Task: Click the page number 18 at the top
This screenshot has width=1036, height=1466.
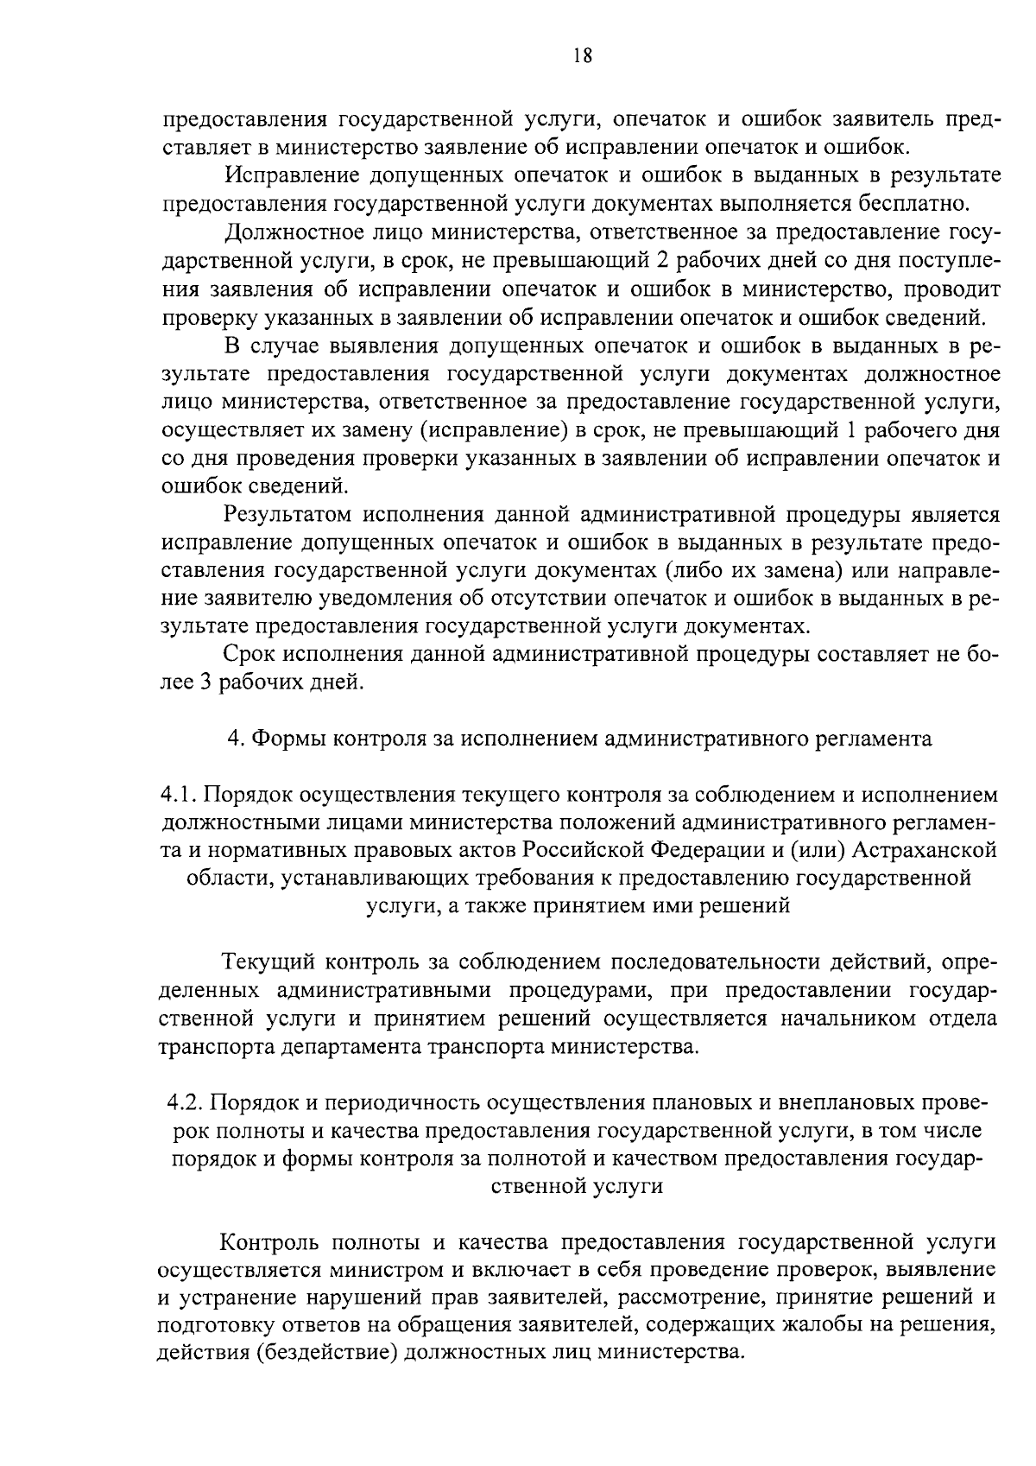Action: (x=582, y=56)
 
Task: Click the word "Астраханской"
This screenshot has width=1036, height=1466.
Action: (x=924, y=851)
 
